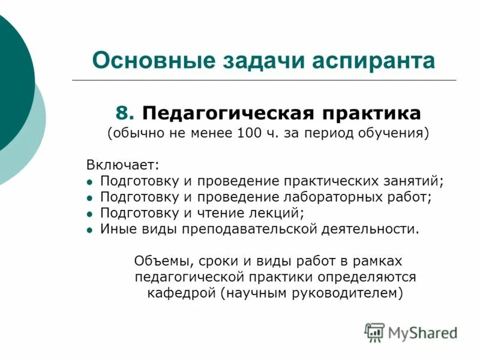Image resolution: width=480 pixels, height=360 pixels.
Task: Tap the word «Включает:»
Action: tap(122, 164)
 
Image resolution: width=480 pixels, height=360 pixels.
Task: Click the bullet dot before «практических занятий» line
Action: tap(89, 181)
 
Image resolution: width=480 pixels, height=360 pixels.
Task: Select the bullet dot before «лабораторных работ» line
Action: tap(89, 197)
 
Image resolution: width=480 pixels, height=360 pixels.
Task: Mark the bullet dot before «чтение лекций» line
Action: tap(89, 214)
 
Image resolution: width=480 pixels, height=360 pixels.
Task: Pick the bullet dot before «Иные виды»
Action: tap(89, 230)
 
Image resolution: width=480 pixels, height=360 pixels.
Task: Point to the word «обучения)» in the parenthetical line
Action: tap(399, 133)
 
